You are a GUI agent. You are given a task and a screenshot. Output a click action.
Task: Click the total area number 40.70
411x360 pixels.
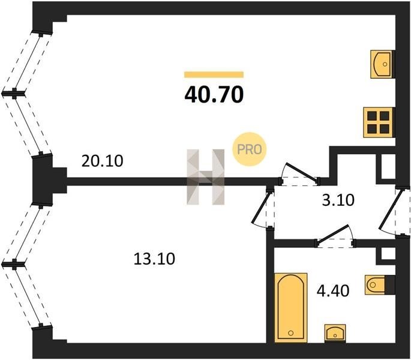pyautogui.click(x=214, y=95)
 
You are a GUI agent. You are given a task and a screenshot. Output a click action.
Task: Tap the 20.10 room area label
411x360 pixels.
pyautogui.click(x=102, y=161)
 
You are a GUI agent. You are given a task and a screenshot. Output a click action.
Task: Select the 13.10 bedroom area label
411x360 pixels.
pyautogui.click(x=154, y=259)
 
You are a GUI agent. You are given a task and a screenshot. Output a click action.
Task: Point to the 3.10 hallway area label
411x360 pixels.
pyautogui.click(x=338, y=200)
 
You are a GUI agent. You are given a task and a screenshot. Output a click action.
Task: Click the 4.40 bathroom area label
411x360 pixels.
pyautogui.click(x=333, y=290)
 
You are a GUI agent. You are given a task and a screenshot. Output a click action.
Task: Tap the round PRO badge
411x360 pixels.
pyautogui.click(x=249, y=149)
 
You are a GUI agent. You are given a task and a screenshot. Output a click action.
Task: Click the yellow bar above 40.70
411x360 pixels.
pyautogui.click(x=214, y=75)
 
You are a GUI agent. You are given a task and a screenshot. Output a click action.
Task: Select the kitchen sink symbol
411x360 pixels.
pyautogui.click(x=383, y=64)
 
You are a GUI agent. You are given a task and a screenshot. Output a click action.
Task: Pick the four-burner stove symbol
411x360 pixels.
pyautogui.click(x=378, y=122)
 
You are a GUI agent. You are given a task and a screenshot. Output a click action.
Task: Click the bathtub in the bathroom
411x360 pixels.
pyautogui.click(x=291, y=308)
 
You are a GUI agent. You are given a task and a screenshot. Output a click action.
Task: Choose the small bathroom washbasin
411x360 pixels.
pyautogui.click(x=335, y=333)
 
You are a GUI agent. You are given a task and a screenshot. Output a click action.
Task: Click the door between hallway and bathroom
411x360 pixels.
pyautogui.click(x=335, y=236)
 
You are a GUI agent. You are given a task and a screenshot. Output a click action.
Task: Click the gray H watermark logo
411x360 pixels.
pyautogui.click(x=205, y=177)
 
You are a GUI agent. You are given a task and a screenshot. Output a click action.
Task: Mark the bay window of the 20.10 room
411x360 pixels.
pyautogui.click(x=26, y=94)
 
